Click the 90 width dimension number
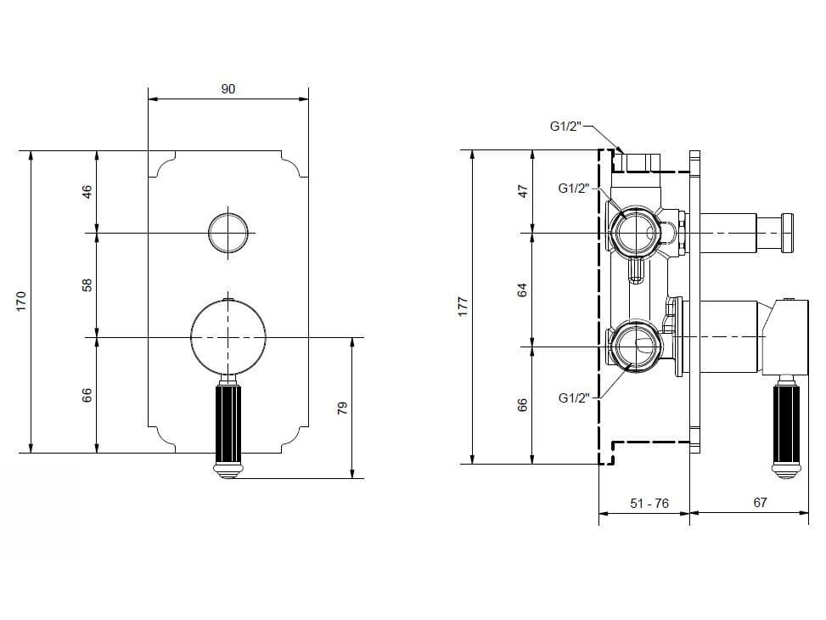pos(228,88)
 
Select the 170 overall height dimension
pos(22,301)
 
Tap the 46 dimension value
pos(87,191)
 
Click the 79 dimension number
pos(343,409)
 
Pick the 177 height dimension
pos(463,307)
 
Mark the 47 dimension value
pos(524,191)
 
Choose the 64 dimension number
pos(524,290)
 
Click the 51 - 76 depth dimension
pos(649,504)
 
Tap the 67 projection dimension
pos(760,503)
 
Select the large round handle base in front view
pos(228,337)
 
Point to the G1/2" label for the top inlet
pos(565,127)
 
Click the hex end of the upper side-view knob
pos(788,232)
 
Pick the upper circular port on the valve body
pos(632,232)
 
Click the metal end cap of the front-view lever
pos(228,469)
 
